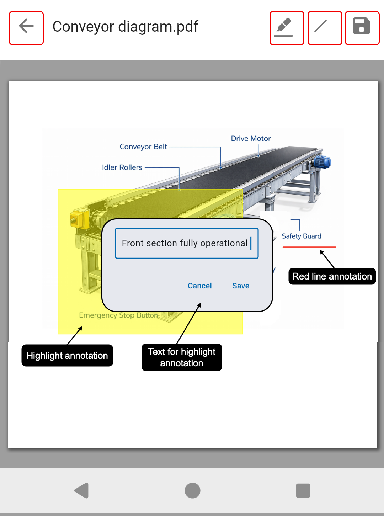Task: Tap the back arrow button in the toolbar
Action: pos(26,28)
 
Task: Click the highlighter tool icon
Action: pos(287,28)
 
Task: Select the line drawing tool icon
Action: pos(325,28)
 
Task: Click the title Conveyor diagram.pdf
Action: pos(125,27)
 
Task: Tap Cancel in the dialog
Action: pos(199,286)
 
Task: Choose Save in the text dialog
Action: pos(241,286)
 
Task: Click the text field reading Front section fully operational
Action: pos(187,243)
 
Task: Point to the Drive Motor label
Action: pos(251,139)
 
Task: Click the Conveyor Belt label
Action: pos(143,147)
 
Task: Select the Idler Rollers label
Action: pos(122,167)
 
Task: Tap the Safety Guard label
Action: pos(302,236)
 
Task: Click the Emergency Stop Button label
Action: pos(118,315)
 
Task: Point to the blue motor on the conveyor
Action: pos(322,162)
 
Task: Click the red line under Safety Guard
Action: pos(309,247)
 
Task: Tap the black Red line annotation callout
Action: pos(332,276)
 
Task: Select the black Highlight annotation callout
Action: pos(67,356)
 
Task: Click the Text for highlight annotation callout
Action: pos(182,357)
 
